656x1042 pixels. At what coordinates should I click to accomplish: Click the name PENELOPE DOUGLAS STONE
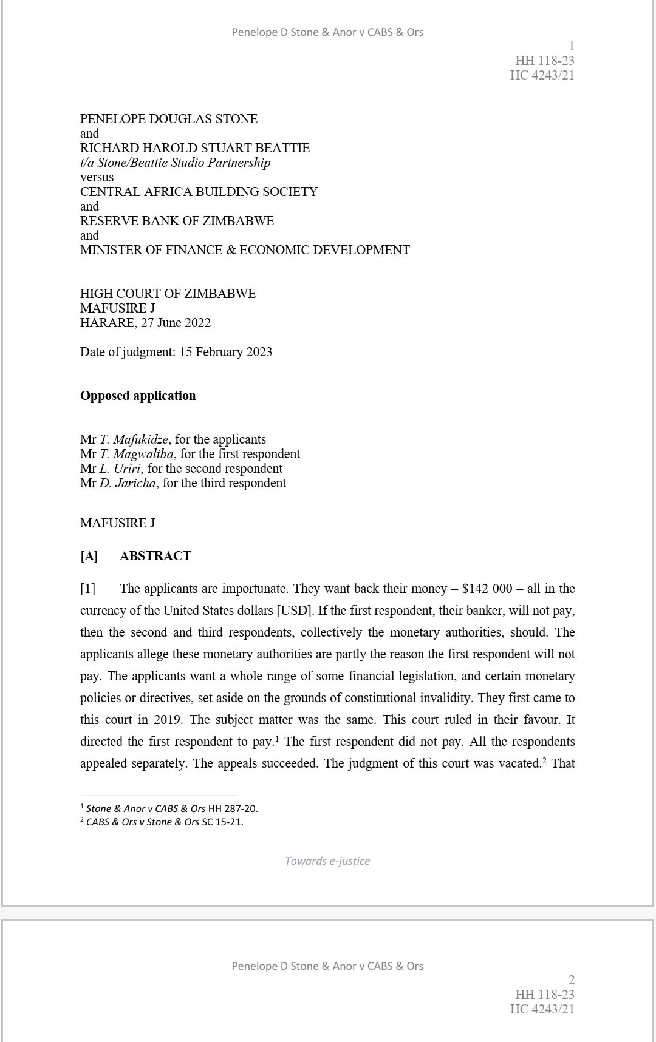(168, 119)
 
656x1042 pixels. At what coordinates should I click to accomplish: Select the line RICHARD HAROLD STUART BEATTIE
(194, 148)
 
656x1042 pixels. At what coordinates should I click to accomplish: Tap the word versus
(97, 177)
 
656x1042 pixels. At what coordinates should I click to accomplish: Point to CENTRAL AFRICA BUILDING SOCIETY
(199, 192)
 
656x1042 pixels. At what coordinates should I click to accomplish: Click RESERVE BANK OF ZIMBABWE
(177, 221)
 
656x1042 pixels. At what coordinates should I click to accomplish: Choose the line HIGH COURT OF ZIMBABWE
(168, 294)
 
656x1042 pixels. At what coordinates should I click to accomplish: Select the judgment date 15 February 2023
(225, 352)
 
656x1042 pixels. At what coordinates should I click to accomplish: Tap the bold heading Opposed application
(138, 396)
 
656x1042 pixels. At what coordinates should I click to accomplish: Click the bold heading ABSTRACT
(155, 556)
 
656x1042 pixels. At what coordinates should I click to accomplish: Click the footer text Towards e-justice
(327, 861)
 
